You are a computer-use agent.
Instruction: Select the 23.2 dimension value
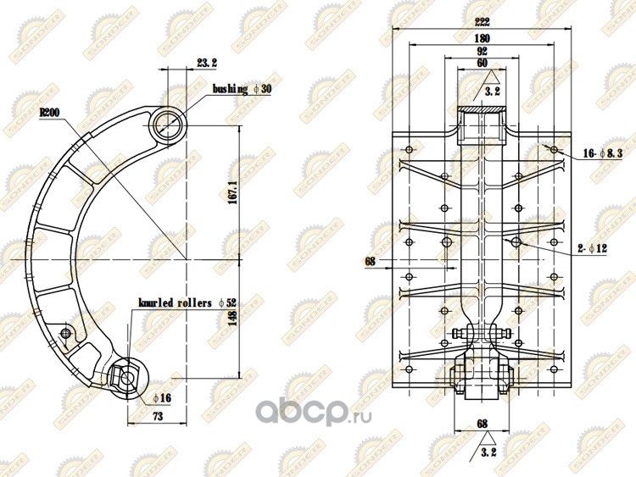[207, 63]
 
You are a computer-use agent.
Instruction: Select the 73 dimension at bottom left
[157, 418]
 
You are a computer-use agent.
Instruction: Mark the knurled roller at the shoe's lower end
[126, 374]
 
